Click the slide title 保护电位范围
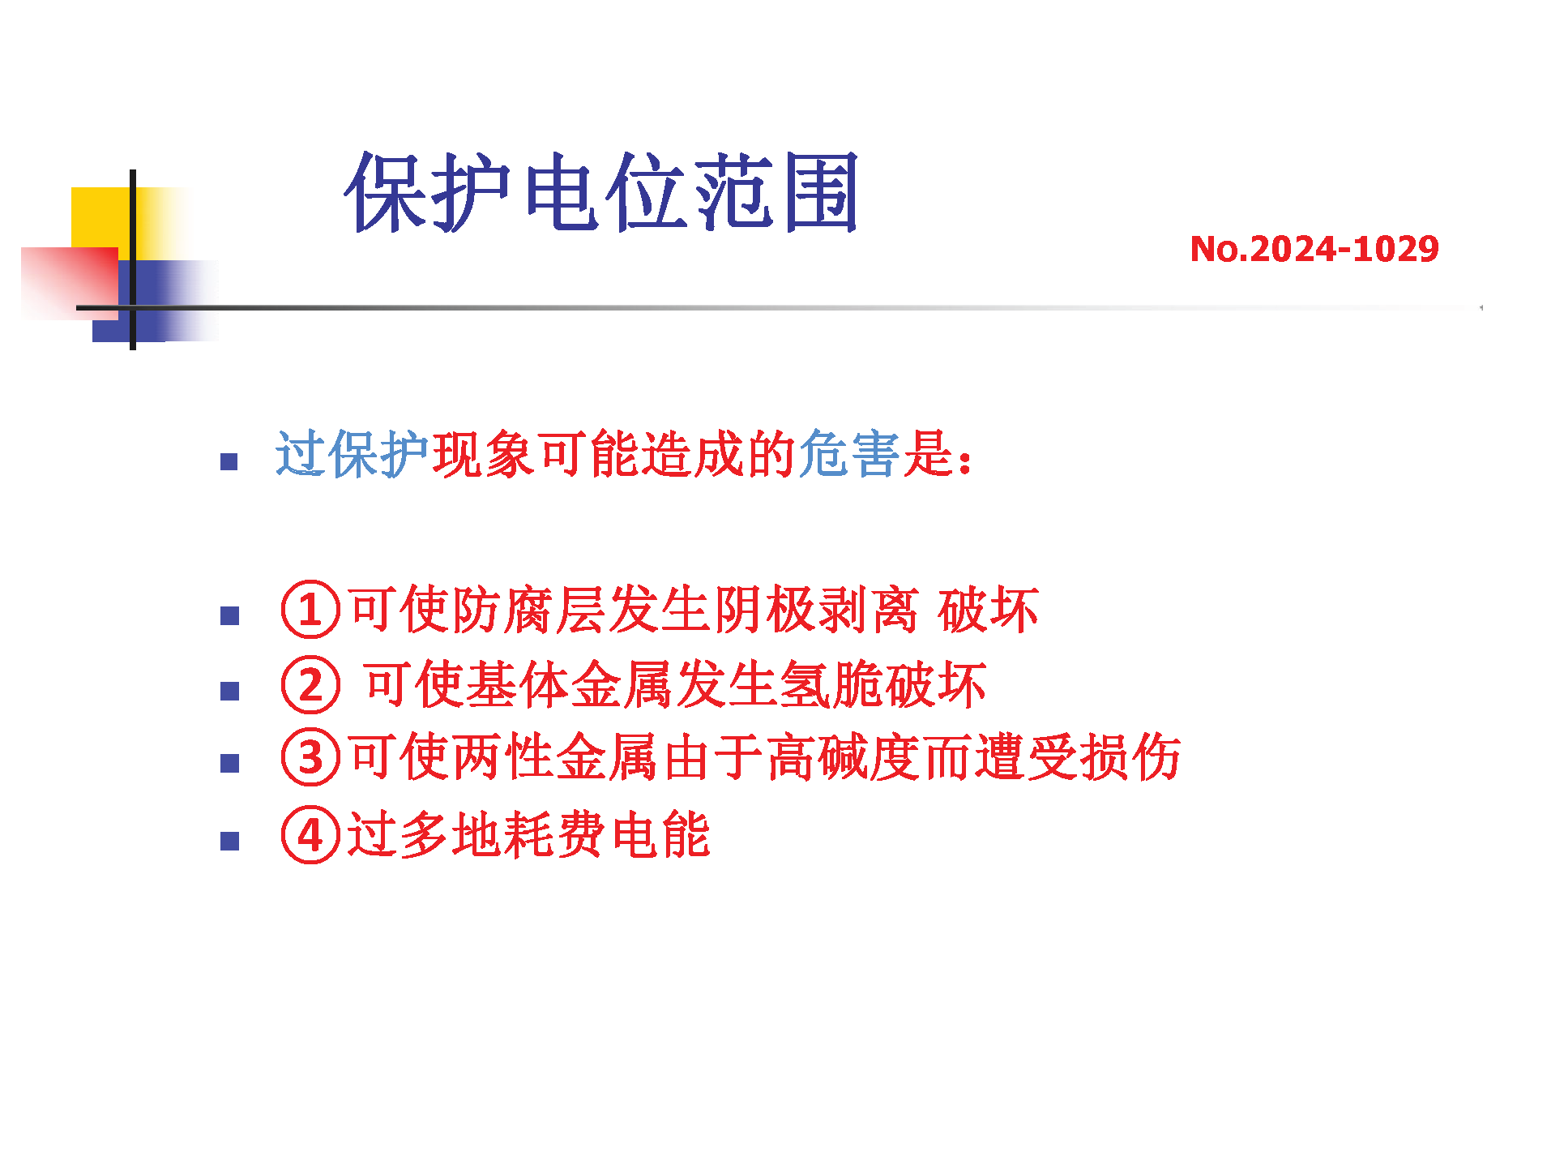click(600, 192)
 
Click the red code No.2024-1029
click(1314, 249)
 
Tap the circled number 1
click(310, 610)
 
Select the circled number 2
click(310, 684)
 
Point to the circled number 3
click(310, 757)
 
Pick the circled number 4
click(310, 834)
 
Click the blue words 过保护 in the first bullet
click(353, 454)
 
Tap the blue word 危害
click(849, 454)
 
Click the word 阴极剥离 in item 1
click(816, 610)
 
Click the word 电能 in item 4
click(660, 834)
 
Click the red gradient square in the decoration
click(70, 283)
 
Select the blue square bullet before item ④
click(230, 842)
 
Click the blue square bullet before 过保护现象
click(230, 461)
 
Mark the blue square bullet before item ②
click(230, 692)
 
